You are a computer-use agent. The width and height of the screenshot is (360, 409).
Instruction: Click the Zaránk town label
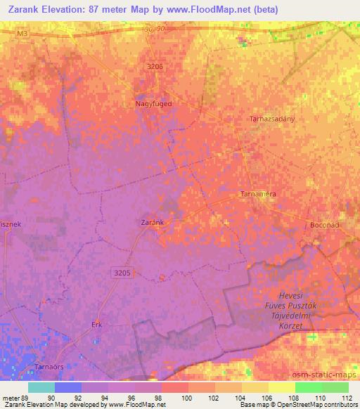pyautogui.click(x=152, y=221)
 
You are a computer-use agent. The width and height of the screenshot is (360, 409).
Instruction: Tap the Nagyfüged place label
pyautogui.click(x=153, y=103)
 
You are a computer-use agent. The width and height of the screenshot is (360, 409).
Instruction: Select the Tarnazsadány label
pyautogui.click(x=272, y=119)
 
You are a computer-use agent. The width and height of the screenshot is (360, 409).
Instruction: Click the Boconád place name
pyautogui.click(x=326, y=225)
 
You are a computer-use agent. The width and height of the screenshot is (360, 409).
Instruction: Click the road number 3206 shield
pyautogui.click(x=157, y=67)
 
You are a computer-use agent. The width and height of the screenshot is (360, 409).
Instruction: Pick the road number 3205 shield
pyautogui.click(x=122, y=270)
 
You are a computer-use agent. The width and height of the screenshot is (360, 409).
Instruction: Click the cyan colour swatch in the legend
pyautogui.click(x=41, y=387)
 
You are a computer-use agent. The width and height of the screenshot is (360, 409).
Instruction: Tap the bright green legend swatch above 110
pyautogui.click(x=307, y=387)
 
